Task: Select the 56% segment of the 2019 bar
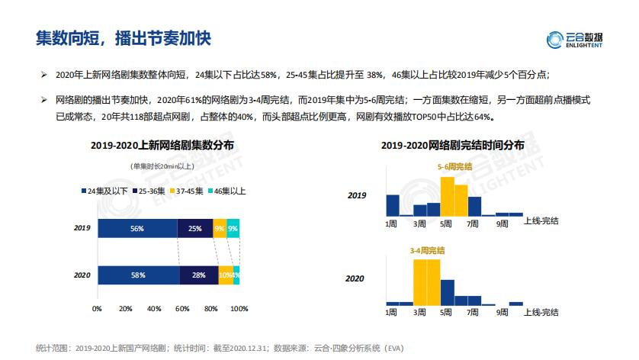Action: click(x=137, y=228)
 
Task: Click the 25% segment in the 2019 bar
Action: click(x=195, y=228)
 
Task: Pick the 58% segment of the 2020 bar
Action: click(x=138, y=275)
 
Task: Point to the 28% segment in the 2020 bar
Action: click(x=199, y=275)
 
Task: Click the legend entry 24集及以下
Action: click(x=106, y=191)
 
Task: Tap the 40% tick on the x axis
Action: click(x=154, y=309)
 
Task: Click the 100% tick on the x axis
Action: click(x=239, y=309)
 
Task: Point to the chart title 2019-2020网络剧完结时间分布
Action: click(x=452, y=145)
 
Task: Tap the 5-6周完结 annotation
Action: click(x=454, y=166)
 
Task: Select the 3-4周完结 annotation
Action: click(x=428, y=249)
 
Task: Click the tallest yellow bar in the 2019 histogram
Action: click(x=448, y=197)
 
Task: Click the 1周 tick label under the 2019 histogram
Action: click(x=391, y=223)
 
